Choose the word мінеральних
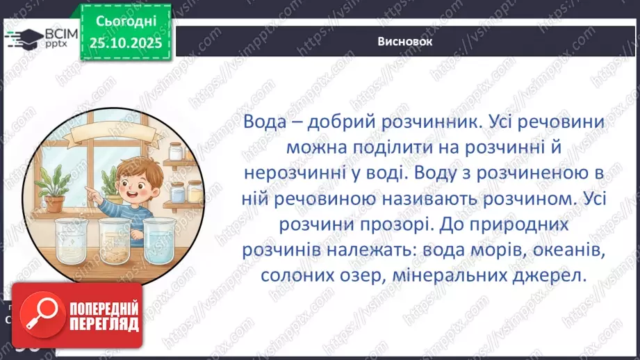(x=457, y=275)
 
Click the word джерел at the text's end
(x=554, y=275)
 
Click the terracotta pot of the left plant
(x=55, y=201)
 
